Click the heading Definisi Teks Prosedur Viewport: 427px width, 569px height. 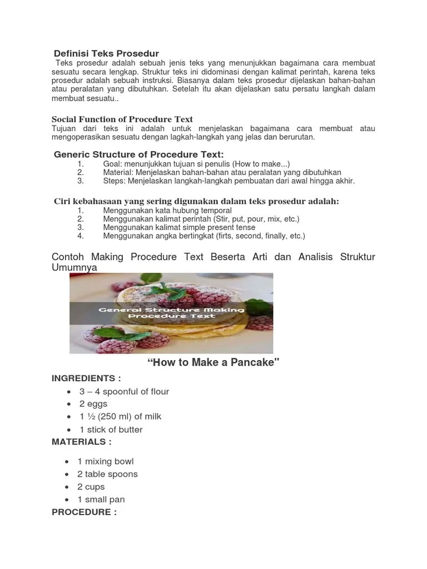pyautogui.click(x=106, y=53)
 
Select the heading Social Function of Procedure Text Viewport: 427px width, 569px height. pyautogui.click(x=122, y=119)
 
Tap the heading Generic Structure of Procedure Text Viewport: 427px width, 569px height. pyautogui.click(x=138, y=154)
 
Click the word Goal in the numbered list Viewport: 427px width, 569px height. pyautogui.click(x=112, y=164)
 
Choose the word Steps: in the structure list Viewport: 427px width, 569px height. pyautogui.click(x=114, y=181)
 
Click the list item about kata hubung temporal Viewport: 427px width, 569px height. pyautogui.click(x=167, y=211)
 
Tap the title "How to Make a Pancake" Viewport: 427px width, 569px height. pyautogui.click(x=213, y=363)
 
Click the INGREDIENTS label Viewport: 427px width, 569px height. pyautogui.click(x=86, y=378)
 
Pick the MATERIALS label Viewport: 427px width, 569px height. pyautogui.click(x=82, y=442)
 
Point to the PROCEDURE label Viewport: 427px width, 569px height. pyautogui.click(x=85, y=512)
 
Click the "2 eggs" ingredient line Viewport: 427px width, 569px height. pyautogui.click(x=93, y=404)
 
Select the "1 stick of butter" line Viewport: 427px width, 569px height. pyautogui.click(x=111, y=430)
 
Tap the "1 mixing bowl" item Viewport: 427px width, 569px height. pyautogui.click(x=106, y=461)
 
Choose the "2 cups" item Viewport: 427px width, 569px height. pyautogui.click(x=91, y=487)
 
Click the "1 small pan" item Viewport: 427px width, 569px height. pyautogui.click(x=101, y=500)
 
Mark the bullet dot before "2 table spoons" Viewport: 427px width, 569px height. pyautogui.click(x=67, y=475)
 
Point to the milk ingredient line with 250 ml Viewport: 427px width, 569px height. pyautogui.click(x=120, y=417)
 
